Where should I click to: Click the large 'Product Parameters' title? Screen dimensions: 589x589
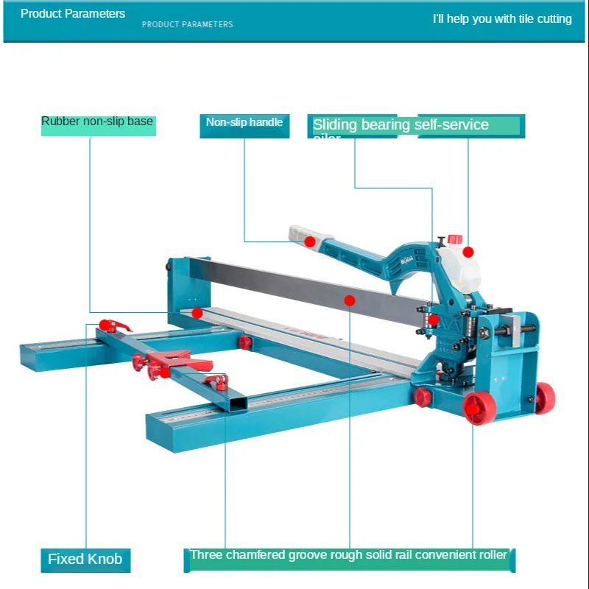[x=73, y=13]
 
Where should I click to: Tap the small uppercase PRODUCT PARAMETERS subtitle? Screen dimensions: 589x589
[x=187, y=24]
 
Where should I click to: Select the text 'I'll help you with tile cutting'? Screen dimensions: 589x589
[x=502, y=18]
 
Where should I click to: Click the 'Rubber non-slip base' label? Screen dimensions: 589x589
[x=97, y=121]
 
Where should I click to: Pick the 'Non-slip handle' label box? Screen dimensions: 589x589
[x=244, y=123]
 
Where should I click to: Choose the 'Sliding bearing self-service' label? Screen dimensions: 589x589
[x=401, y=125]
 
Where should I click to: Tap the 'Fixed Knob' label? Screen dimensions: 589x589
[x=85, y=559]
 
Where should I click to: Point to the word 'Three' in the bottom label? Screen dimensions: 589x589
[x=208, y=555]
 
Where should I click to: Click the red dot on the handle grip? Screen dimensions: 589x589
[x=311, y=241]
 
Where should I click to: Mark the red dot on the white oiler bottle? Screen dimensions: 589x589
[x=468, y=252]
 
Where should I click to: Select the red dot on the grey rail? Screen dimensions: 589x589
[x=350, y=300]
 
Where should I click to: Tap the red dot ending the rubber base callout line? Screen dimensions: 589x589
[x=197, y=313]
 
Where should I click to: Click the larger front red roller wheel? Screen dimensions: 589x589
[x=479, y=408]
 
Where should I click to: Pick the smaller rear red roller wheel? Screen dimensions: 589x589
[x=544, y=398]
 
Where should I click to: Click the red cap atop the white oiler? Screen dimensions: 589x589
[x=455, y=239]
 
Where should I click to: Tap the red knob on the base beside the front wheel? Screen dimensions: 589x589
[x=423, y=398]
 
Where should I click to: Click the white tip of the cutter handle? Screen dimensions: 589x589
[x=298, y=233]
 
